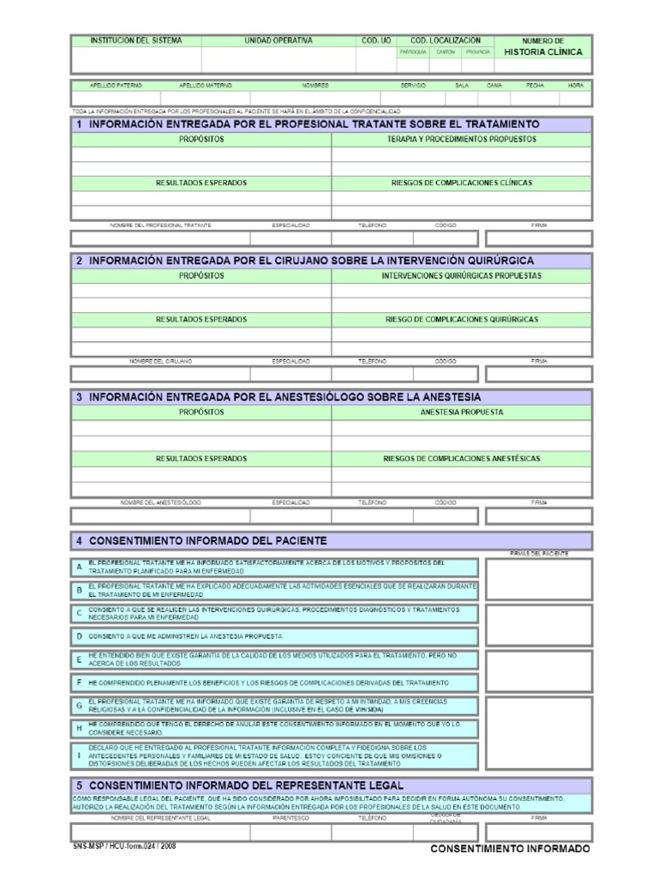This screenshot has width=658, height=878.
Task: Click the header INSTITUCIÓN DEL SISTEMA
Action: point(136,40)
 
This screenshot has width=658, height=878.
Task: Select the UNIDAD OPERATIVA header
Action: point(278,40)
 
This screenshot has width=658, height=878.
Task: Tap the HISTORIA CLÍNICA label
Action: point(542,52)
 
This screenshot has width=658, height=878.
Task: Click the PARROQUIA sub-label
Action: point(412,51)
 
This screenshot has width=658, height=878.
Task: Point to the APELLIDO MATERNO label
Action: point(205,86)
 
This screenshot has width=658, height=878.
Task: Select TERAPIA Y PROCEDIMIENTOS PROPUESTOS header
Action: point(461,138)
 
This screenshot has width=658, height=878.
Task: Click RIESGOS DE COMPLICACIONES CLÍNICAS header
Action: point(461,183)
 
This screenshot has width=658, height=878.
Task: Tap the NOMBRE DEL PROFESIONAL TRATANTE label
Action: point(160,225)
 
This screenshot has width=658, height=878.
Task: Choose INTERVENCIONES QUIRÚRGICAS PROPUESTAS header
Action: point(461,276)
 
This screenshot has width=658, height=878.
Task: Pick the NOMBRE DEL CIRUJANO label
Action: point(160,361)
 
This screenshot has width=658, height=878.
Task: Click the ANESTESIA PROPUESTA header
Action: point(461,412)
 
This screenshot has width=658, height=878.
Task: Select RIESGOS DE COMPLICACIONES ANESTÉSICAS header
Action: point(461,459)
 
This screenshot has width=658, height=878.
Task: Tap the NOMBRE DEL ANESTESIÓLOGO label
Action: point(160,502)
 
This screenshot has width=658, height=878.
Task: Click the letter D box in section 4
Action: point(79,637)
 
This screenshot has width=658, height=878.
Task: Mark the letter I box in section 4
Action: point(79,755)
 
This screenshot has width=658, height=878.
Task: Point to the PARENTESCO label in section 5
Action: point(290,818)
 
